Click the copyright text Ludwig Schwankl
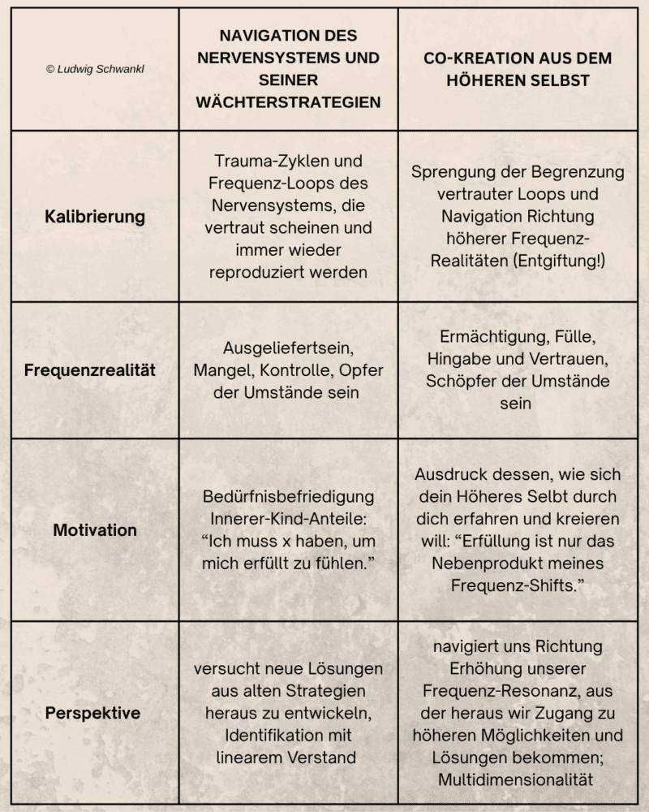96,70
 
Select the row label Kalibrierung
95,217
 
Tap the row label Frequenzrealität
90,370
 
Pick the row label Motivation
95,530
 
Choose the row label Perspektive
92,714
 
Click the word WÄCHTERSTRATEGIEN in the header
289,102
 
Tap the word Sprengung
449,172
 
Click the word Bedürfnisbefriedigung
288,496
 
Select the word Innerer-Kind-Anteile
288,519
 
